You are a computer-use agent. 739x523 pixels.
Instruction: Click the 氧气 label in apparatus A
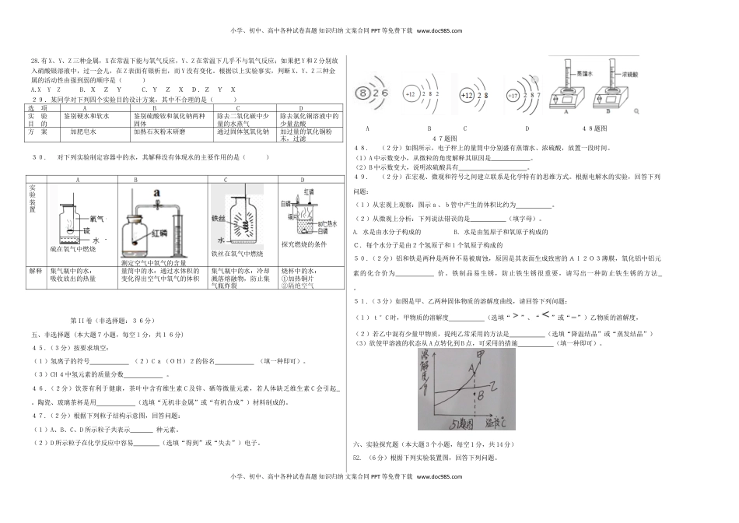(x=96, y=219)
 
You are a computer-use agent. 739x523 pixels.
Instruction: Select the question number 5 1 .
(x=359, y=300)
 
